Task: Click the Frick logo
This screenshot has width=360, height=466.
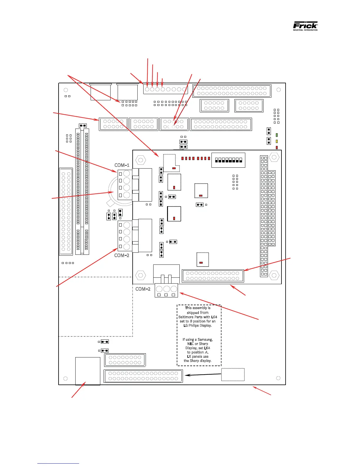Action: pos(305,26)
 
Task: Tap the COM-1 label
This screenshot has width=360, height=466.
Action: pos(122,165)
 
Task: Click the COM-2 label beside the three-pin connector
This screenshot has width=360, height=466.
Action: pos(143,289)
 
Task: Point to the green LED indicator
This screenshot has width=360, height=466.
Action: pos(277,135)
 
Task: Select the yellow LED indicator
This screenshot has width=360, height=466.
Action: pos(277,142)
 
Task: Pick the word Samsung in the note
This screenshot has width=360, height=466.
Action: pos(205,339)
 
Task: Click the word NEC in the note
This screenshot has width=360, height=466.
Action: pos(191,344)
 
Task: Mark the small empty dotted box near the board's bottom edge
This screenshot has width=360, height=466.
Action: pos(233,375)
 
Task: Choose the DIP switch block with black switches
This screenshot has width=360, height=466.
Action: pos(228,160)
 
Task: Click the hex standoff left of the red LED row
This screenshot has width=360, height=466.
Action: pos(141,160)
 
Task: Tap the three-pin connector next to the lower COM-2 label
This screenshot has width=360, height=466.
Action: pos(166,290)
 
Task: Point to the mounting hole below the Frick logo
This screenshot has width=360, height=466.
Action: pos(279,90)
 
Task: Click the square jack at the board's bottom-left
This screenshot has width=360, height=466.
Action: pos(88,371)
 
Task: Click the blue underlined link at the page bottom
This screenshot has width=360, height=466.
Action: pos(58,463)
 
